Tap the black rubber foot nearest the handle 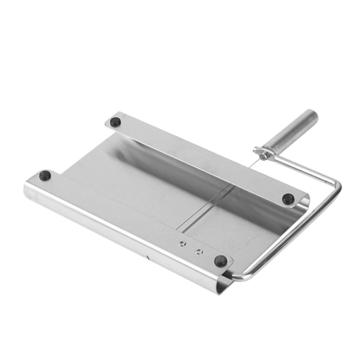288,198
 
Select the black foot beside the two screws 220,261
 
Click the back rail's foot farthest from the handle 116,121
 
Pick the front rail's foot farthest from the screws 45,175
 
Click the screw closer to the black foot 198,251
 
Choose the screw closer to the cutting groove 182,244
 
